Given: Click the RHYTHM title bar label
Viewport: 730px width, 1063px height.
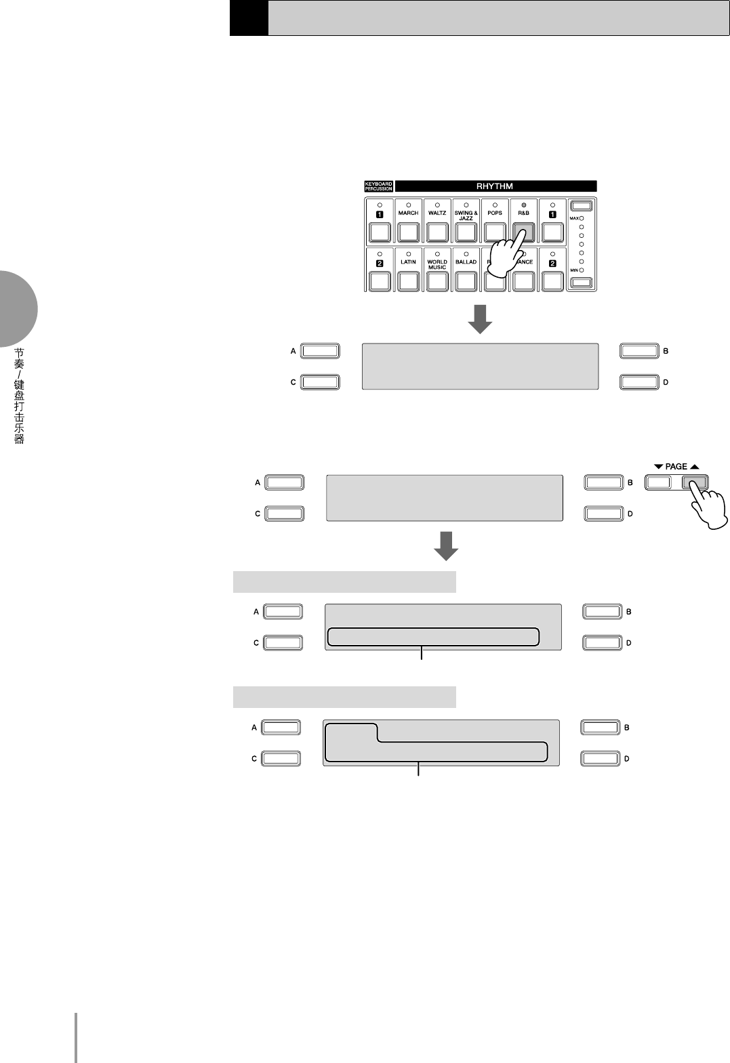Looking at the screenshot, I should tap(495, 186).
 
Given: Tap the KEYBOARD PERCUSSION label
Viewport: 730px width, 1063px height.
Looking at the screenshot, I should tap(378, 186).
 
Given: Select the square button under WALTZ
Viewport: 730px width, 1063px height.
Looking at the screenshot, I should tap(437, 232).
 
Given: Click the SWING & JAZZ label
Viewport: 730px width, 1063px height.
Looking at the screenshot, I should tap(466, 215).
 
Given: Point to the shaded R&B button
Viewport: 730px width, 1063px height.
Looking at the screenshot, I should tap(523, 232).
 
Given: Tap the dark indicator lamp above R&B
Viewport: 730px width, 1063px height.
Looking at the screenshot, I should tap(524, 205).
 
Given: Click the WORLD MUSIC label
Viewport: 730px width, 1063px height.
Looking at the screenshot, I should tap(437, 264).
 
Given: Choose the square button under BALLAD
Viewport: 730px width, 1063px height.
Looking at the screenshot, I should tap(466, 281).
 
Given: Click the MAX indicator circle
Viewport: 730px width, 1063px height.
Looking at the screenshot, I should tap(582, 218).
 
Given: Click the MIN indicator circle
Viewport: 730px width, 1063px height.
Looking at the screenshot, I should tap(582, 270).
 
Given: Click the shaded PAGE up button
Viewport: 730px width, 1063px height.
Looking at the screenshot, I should tap(695, 482).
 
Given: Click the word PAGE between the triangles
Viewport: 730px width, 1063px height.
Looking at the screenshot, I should tap(676, 467).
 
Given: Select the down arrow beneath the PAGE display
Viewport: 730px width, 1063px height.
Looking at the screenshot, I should tap(446, 546).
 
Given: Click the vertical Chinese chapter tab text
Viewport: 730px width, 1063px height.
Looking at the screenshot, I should tap(20, 396).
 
